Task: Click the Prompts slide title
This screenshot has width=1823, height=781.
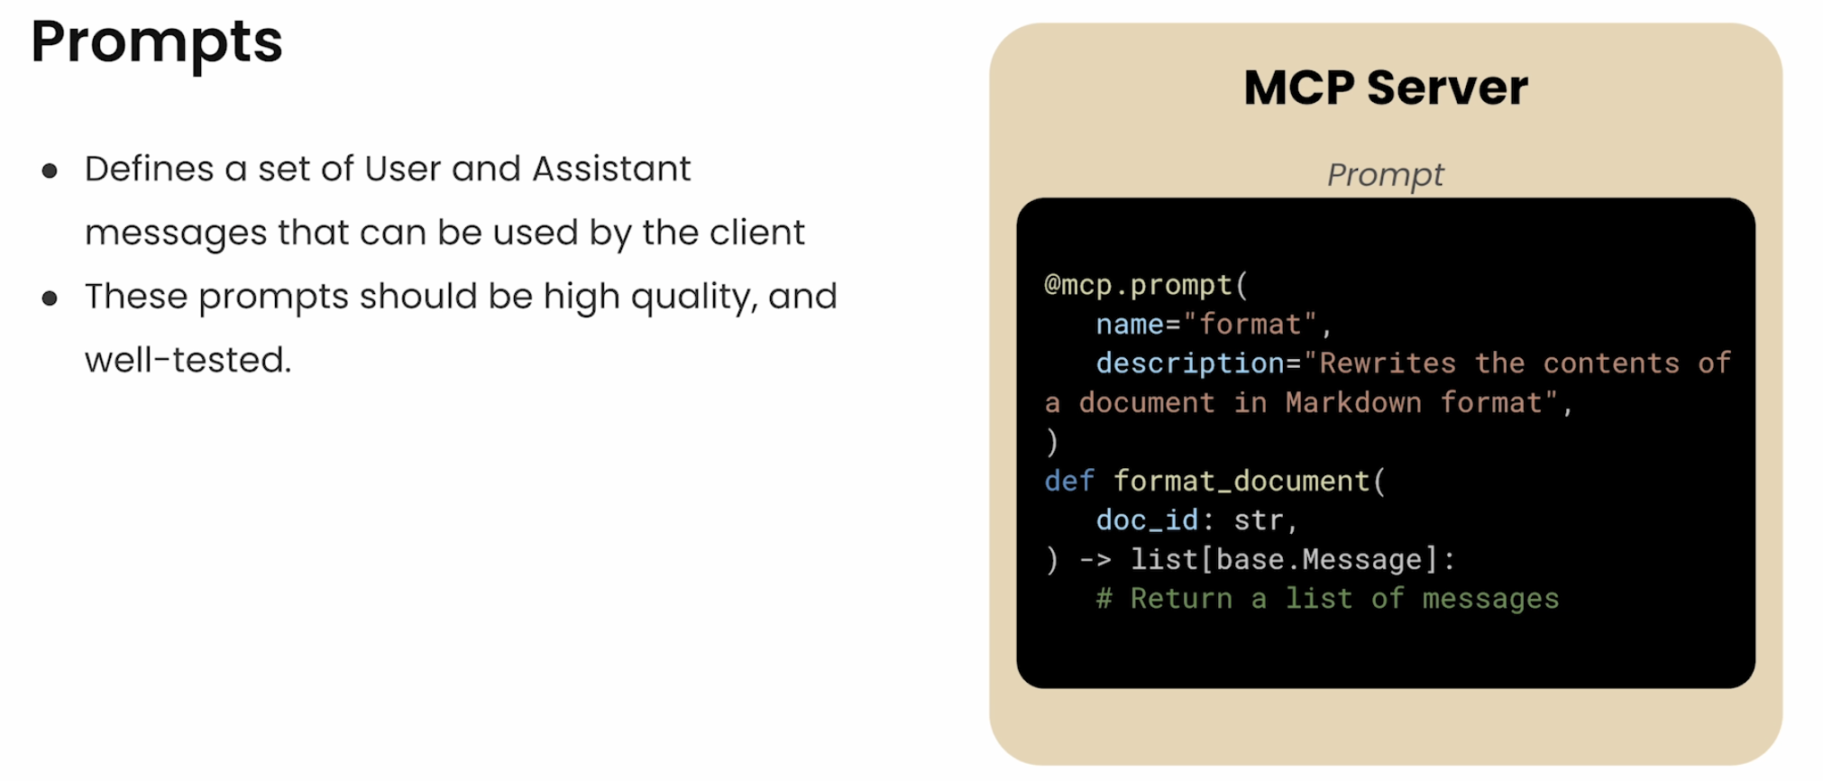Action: point(157,43)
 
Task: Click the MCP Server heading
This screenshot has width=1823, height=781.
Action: point(1386,87)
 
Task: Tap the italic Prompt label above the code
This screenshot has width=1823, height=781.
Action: point(1386,175)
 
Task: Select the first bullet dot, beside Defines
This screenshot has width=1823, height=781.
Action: point(50,170)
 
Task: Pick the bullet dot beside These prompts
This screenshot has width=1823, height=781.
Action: point(50,298)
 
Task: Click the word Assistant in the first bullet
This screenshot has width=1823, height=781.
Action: point(611,169)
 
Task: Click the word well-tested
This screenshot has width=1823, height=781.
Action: point(188,360)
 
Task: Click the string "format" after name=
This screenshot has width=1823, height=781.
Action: point(1250,324)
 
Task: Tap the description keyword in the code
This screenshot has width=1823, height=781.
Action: point(1190,363)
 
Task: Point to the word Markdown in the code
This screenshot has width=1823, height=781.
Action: point(1353,402)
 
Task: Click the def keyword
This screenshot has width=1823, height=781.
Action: point(1069,481)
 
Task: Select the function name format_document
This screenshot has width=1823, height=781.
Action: point(1241,481)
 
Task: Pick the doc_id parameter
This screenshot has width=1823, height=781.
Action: point(1147,520)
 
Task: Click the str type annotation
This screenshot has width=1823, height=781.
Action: point(1259,520)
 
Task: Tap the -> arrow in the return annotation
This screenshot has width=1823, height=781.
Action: point(1095,560)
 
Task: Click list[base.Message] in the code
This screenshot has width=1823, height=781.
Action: point(1284,560)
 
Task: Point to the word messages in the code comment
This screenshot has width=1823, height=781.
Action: point(1490,600)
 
